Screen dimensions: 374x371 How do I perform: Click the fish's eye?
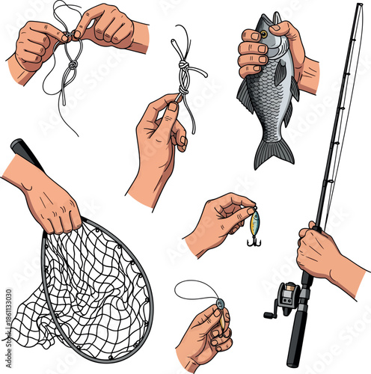(264, 34)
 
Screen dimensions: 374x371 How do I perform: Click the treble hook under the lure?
(254, 239)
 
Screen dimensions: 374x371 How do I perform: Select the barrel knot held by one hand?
(183, 75)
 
